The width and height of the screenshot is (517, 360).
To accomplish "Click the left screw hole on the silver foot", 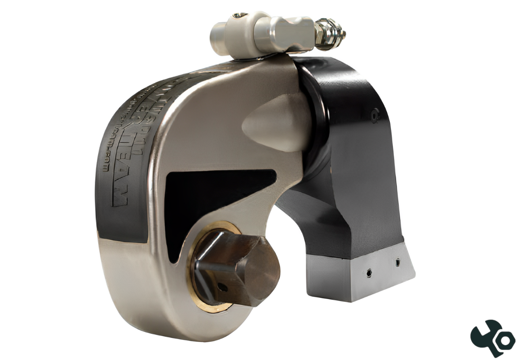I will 369,274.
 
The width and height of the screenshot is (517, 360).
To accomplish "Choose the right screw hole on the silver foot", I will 397,262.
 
